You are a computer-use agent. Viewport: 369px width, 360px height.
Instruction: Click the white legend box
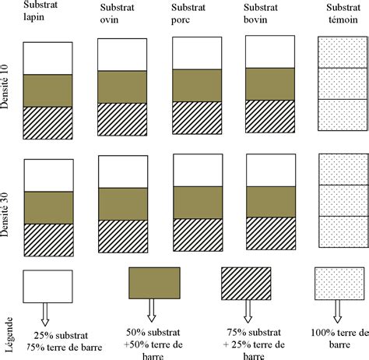(x=48, y=285)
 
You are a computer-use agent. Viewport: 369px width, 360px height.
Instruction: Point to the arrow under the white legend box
(x=44, y=312)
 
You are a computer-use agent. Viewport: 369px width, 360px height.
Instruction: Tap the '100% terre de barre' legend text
(x=337, y=340)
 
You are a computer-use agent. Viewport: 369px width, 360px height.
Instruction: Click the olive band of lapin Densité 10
(x=48, y=90)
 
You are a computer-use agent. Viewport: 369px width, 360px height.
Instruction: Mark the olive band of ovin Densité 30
(x=123, y=203)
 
